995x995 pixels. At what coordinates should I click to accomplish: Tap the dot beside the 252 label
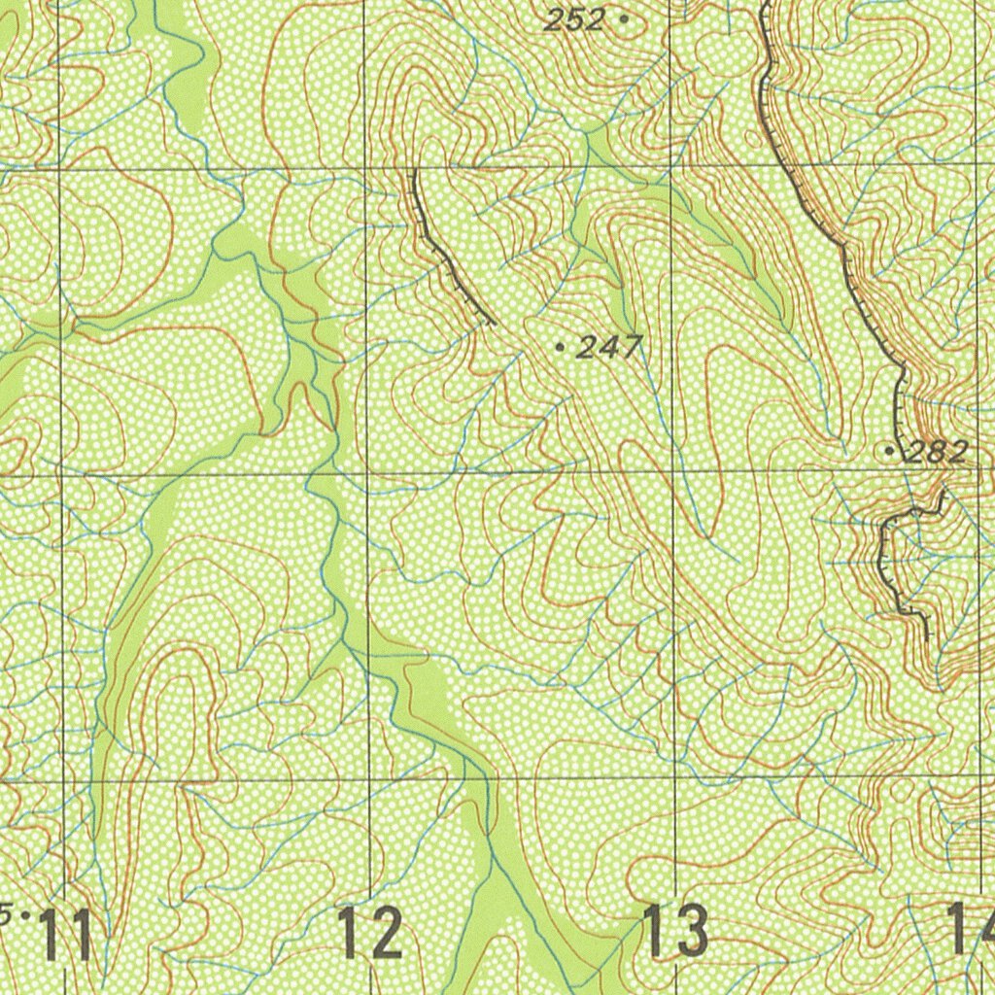[x=623, y=17]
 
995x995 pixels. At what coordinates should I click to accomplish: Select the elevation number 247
[x=609, y=347]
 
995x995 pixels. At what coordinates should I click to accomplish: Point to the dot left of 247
[x=559, y=345]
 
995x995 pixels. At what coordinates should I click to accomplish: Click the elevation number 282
[x=937, y=452]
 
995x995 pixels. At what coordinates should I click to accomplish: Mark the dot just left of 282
[x=890, y=451]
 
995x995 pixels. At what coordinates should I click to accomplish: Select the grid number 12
[x=370, y=933]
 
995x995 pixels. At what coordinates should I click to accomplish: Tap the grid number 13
[x=675, y=931]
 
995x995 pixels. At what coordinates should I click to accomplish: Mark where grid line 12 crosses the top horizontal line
[x=364, y=168]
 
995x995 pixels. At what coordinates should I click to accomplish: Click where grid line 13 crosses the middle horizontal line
[x=672, y=473]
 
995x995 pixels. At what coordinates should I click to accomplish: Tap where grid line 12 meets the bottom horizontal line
[x=369, y=780]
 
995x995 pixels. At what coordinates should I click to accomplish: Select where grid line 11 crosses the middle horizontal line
[x=61, y=476]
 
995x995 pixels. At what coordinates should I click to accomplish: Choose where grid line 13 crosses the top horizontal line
[x=670, y=165]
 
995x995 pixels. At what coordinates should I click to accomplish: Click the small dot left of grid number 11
[x=24, y=914]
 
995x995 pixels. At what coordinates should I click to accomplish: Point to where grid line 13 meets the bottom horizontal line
[x=674, y=778]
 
